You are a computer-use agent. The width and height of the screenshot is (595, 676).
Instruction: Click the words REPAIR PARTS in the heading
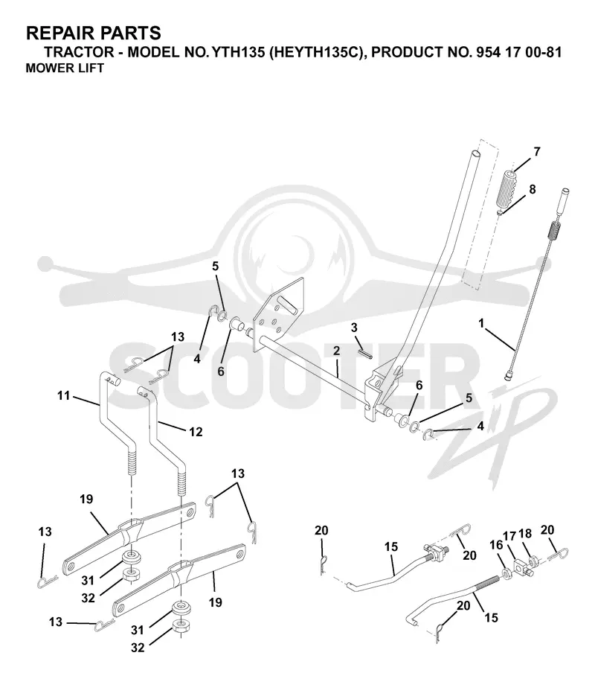[x=94, y=34]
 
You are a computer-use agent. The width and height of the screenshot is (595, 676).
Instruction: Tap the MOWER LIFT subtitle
[x=65, y=68]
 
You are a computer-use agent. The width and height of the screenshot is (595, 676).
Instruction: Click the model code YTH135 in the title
[x=238, y=52]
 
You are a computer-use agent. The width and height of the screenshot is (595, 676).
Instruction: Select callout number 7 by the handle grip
[x=536, y=152]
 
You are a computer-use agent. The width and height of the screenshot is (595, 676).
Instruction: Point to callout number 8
[x=532, y=189]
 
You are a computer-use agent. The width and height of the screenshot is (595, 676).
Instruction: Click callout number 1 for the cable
[x=481, y=322]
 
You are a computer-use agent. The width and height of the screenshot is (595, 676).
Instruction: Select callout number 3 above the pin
[x=354, y=328]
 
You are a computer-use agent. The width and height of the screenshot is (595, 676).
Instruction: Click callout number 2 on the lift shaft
[x=336, y=351]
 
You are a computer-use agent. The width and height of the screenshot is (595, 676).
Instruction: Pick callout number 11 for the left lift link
[x=63, y=395]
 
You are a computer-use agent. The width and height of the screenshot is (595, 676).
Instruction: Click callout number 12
[x=196, y=432]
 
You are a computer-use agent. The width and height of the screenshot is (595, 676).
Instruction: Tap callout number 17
[x=509, y=536]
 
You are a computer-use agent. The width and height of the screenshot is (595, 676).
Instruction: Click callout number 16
[x=496, y=545]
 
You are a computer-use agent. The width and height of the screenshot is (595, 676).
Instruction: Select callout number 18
[x=525, y=534]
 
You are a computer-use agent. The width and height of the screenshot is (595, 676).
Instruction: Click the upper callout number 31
[x=88, y=581]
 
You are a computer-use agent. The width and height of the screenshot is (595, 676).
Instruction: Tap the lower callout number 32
[x=138, y=648]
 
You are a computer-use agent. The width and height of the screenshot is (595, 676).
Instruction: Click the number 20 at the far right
[x=547, y=529]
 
